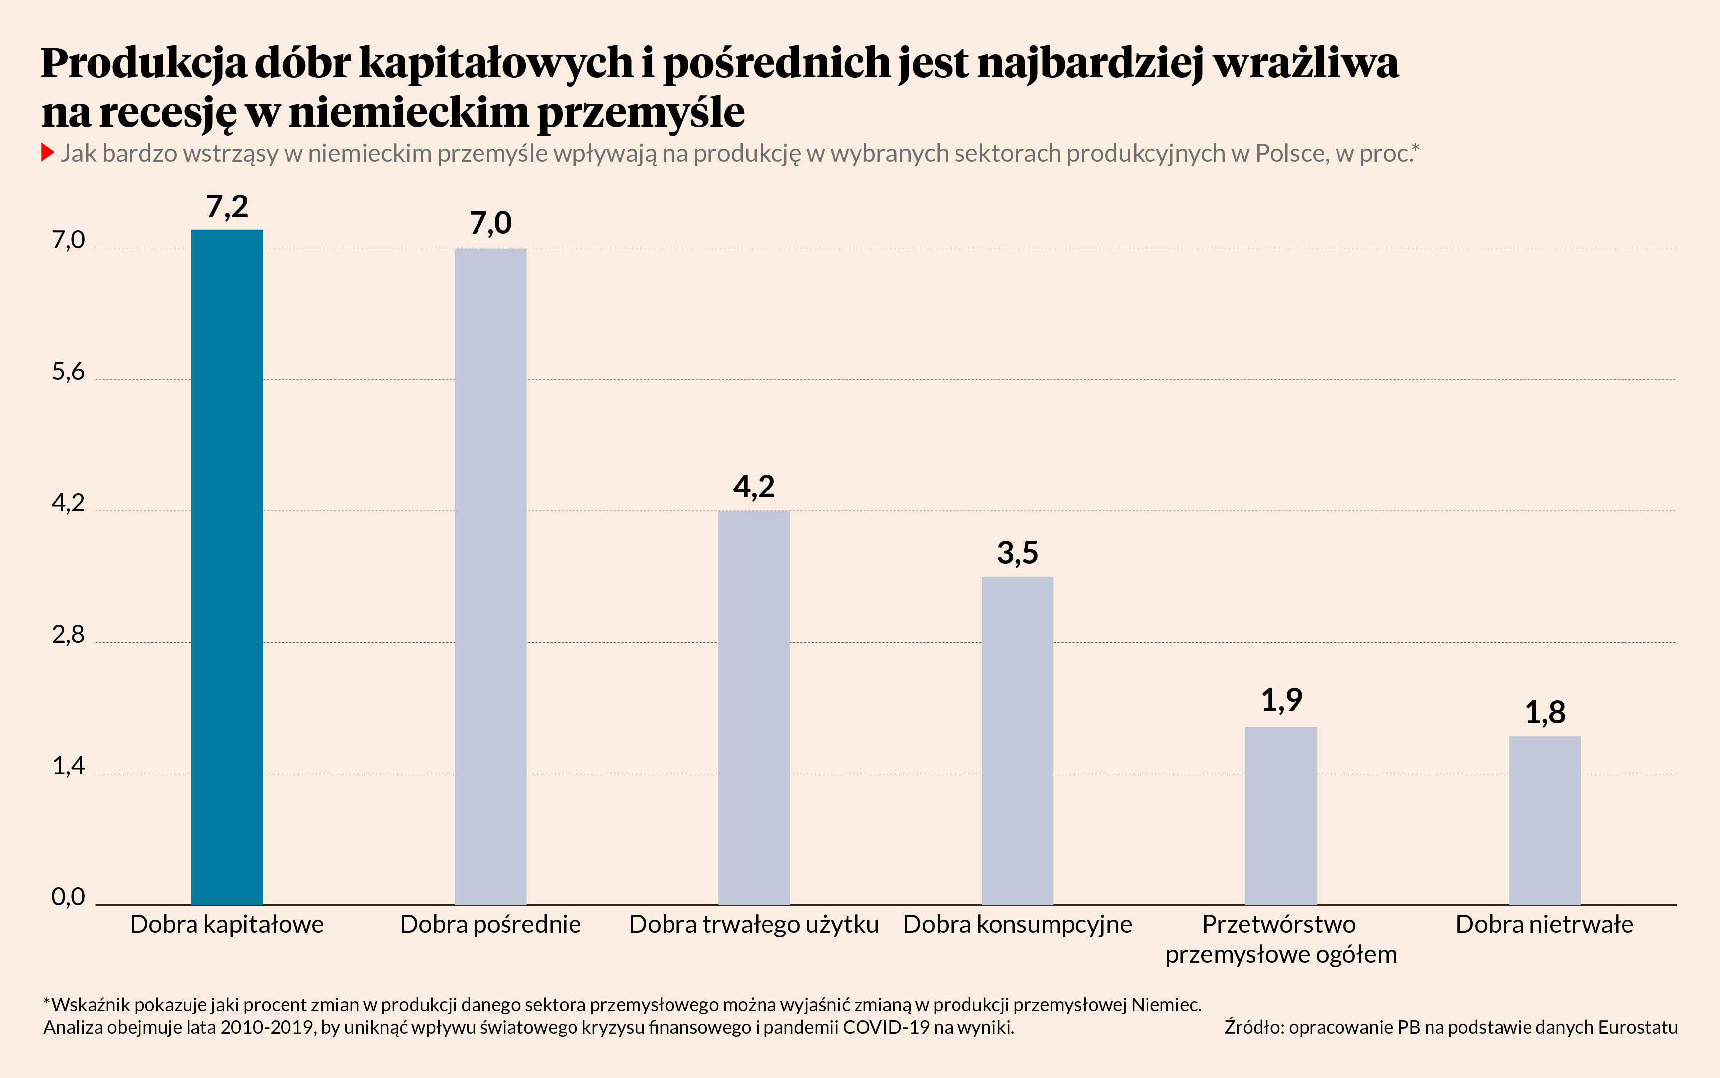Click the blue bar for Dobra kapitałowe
coord(227,567)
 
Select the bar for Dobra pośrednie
coord(490,576)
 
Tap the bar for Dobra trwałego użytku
coord(754,707)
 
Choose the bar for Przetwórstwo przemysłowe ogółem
coord(1281,816)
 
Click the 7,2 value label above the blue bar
coord(227,207)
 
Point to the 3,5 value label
coord(1017,553)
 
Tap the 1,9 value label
coord(1281,700)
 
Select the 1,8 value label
coord(1544,712)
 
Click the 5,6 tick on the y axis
coord(68,372)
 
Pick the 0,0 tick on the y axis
coord(68,897)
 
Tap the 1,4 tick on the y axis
coord(68,766)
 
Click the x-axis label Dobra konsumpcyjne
coord(1017,925)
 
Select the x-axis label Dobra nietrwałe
coord(1544,925)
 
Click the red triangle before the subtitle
coord(48,153)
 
